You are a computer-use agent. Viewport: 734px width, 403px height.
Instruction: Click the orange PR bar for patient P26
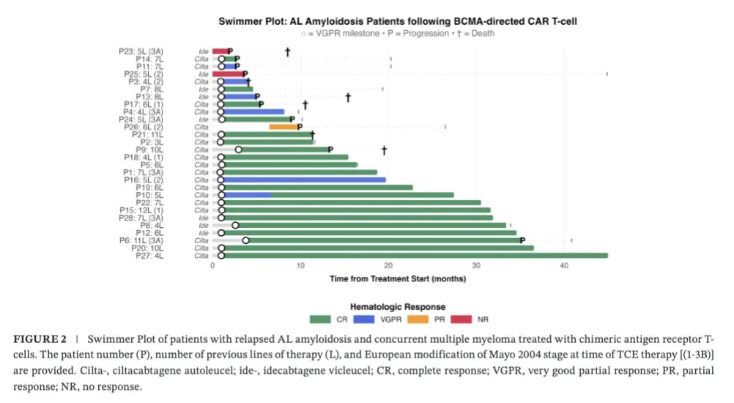click(x=283, y=126)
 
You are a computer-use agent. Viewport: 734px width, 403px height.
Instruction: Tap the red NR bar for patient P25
click(x=229, y=74)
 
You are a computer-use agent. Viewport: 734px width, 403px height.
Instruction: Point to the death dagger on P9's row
click(x=383, y=149)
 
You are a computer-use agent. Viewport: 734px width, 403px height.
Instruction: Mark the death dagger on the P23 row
click(x=288, y=51)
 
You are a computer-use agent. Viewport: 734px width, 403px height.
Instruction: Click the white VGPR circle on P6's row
click(x=246, y=240)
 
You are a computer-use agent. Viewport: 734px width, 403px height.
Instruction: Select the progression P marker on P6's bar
click(x=522, y=240)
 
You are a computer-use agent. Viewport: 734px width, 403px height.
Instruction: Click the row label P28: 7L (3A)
click(x=151, y=218)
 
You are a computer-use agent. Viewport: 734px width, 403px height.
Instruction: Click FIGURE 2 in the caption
click(x=40, y=340)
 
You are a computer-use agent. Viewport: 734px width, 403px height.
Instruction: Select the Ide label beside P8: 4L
click(x=203, y=226)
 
